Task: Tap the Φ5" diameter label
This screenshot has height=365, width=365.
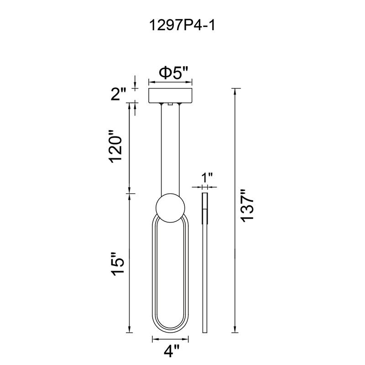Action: (x=173, y=73)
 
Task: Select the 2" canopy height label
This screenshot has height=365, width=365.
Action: (x=118, y=94)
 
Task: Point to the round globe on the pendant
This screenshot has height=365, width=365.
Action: (x=170, y=208)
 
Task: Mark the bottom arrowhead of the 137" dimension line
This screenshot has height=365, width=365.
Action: (x=235, y=329)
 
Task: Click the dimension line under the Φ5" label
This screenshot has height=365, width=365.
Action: (x=171, y=83)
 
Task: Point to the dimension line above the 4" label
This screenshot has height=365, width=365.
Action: (x=170, y=339)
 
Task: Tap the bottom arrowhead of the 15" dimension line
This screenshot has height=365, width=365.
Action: (x=130, y=329)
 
